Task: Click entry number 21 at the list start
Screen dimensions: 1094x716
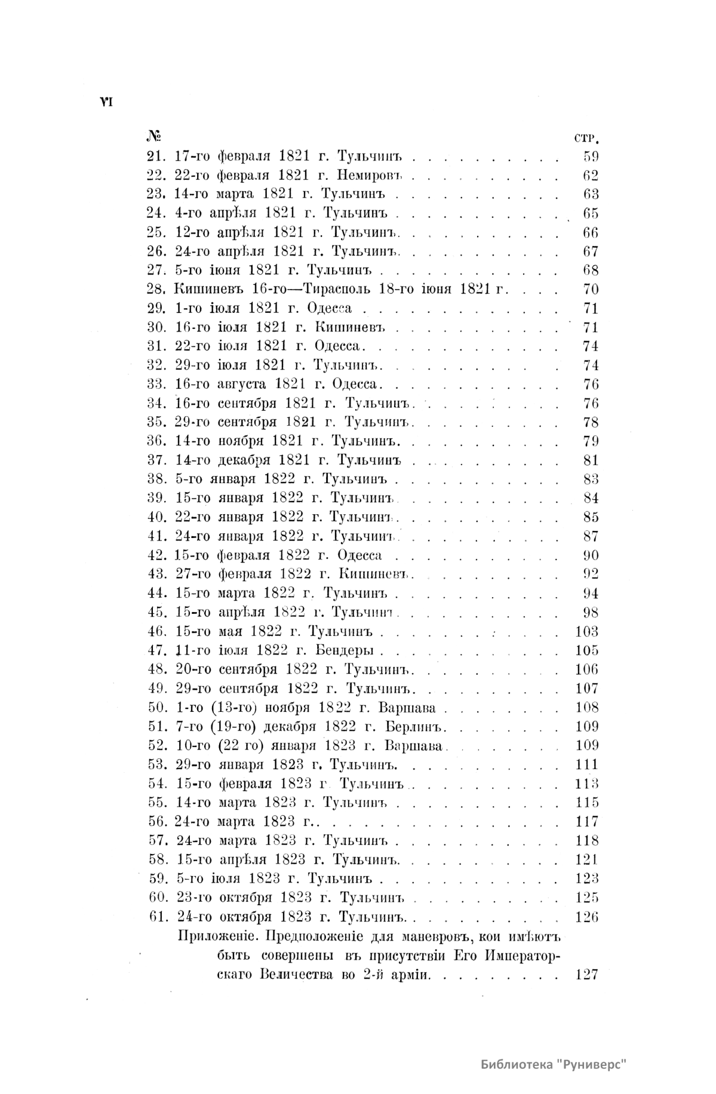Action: [x=156, y=156]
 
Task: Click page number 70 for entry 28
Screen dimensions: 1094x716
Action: [x=590, y=289]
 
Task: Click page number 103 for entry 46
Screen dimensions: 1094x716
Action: [x=586, y=631]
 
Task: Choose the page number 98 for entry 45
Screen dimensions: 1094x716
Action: [x=590, y=612]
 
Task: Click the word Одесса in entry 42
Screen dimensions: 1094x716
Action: [x=359, y=555]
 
